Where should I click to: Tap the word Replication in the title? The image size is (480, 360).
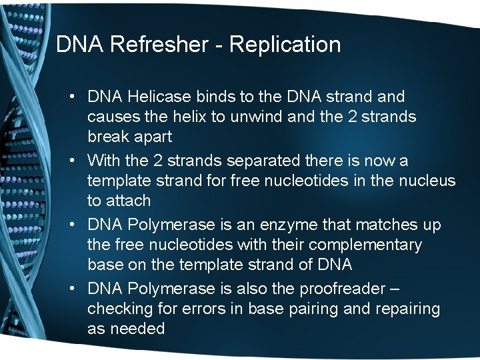click(x=285, y=45)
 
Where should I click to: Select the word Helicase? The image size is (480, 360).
click(x=156, y=97)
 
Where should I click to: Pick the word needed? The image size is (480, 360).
click(x=137, y=329)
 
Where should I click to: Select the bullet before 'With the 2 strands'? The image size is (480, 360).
click(x=71, y=161)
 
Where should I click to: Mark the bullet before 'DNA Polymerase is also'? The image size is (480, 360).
click(x=71, y=289)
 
